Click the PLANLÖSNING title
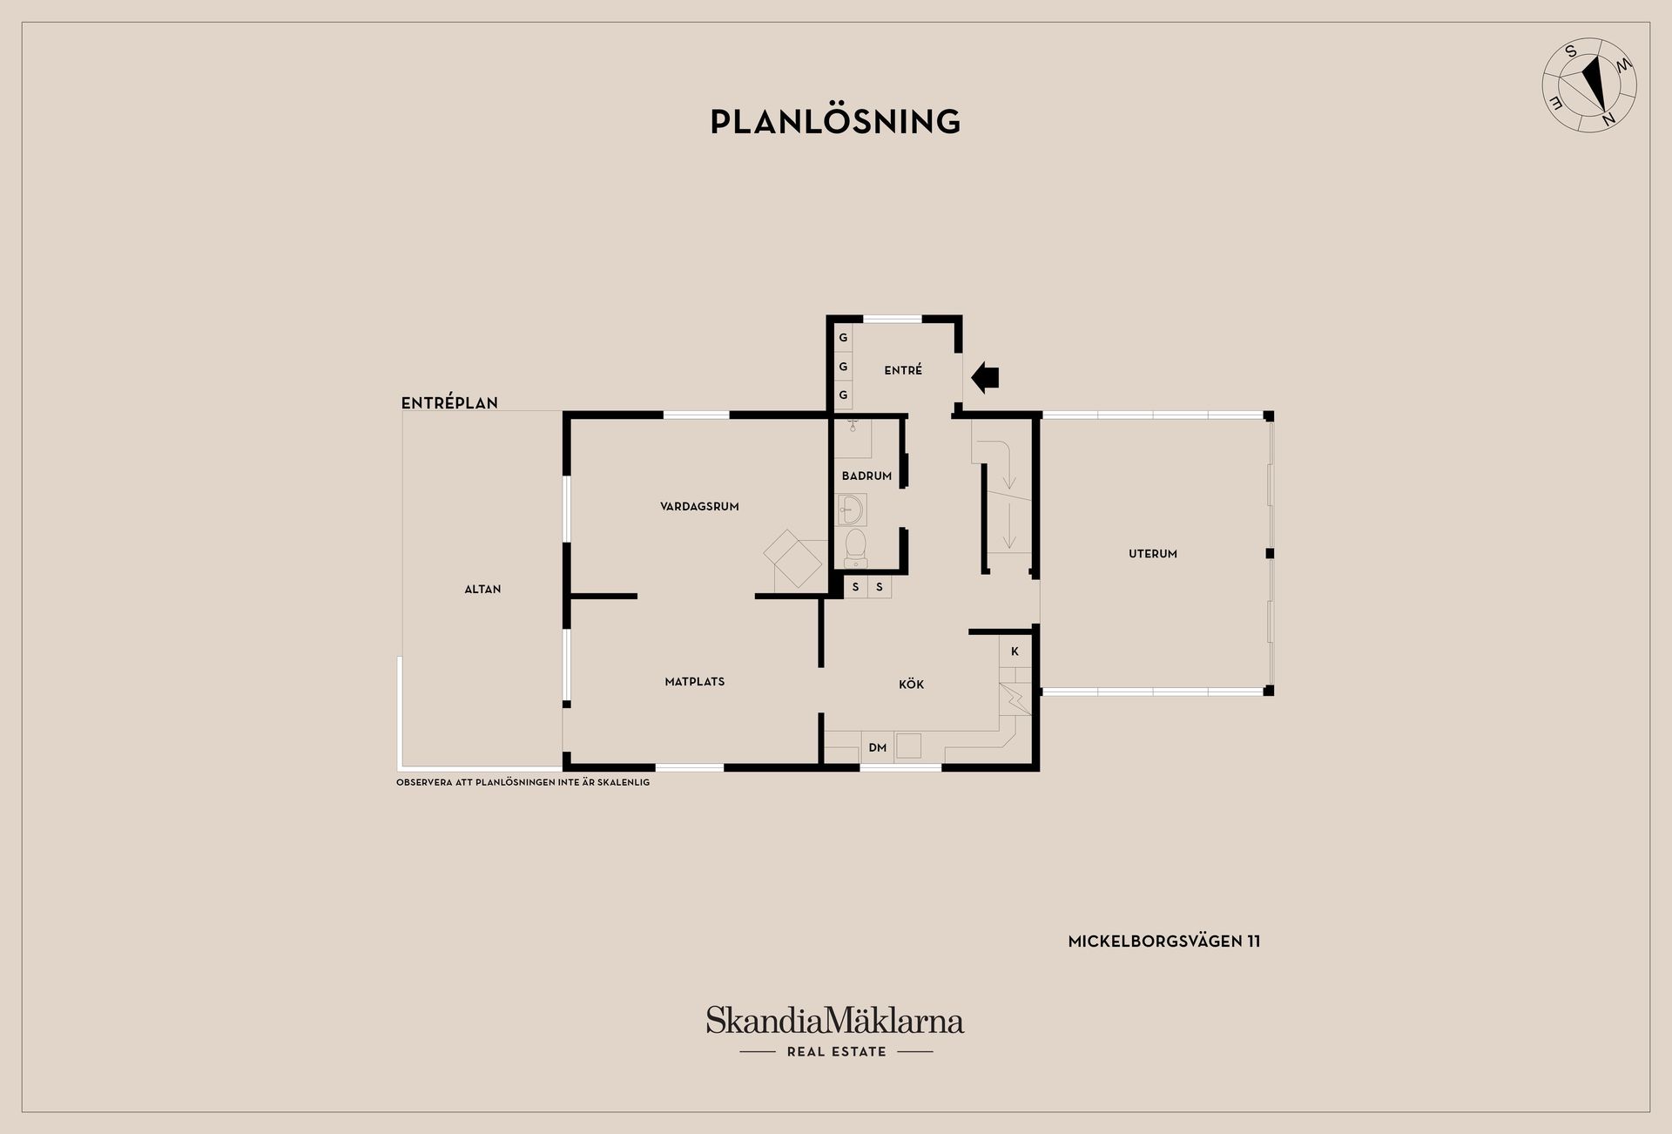[x=835, y=121]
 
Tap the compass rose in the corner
[x=1589, y=85]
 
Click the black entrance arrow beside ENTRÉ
[x=985, y=377]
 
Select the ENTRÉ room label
[x=903, y=370]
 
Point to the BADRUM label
[x=866, y=476]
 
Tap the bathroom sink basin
[x=851, y=510]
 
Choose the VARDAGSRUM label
[x=699, y=506]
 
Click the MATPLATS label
[x=695, y=682]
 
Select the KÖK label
[x=912, y=685]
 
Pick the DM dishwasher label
[x=878, y=748]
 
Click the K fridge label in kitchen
[x=1015, y=651]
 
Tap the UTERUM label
[x=1153, y=554]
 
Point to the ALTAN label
[x=482, y=590]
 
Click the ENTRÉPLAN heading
[x=449, y=403]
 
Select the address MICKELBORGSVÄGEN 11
[x=1164, y=942]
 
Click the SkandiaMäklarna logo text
[x=835, y=1020]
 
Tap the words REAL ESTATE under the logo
[x=837, y=1052]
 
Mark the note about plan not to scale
[x=523, y=783]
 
